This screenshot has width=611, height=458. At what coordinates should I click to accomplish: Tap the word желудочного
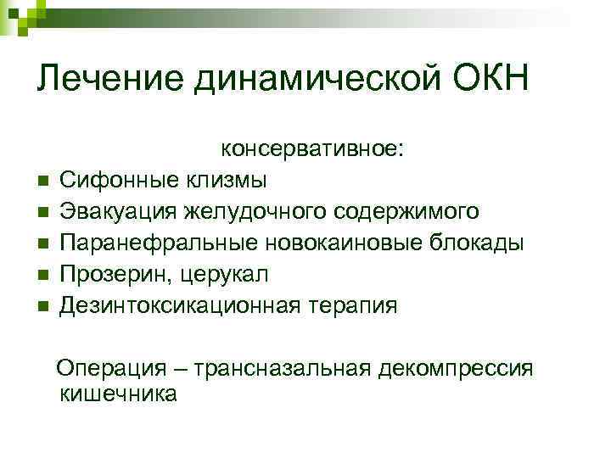click(262, 211)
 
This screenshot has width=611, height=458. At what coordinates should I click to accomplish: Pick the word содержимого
click(406, 211)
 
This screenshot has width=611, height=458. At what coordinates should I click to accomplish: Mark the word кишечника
click(119, 394)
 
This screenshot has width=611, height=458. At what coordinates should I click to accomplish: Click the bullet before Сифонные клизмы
click(41, 181)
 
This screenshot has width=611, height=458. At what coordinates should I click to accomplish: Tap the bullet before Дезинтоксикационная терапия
click(41, 306)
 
